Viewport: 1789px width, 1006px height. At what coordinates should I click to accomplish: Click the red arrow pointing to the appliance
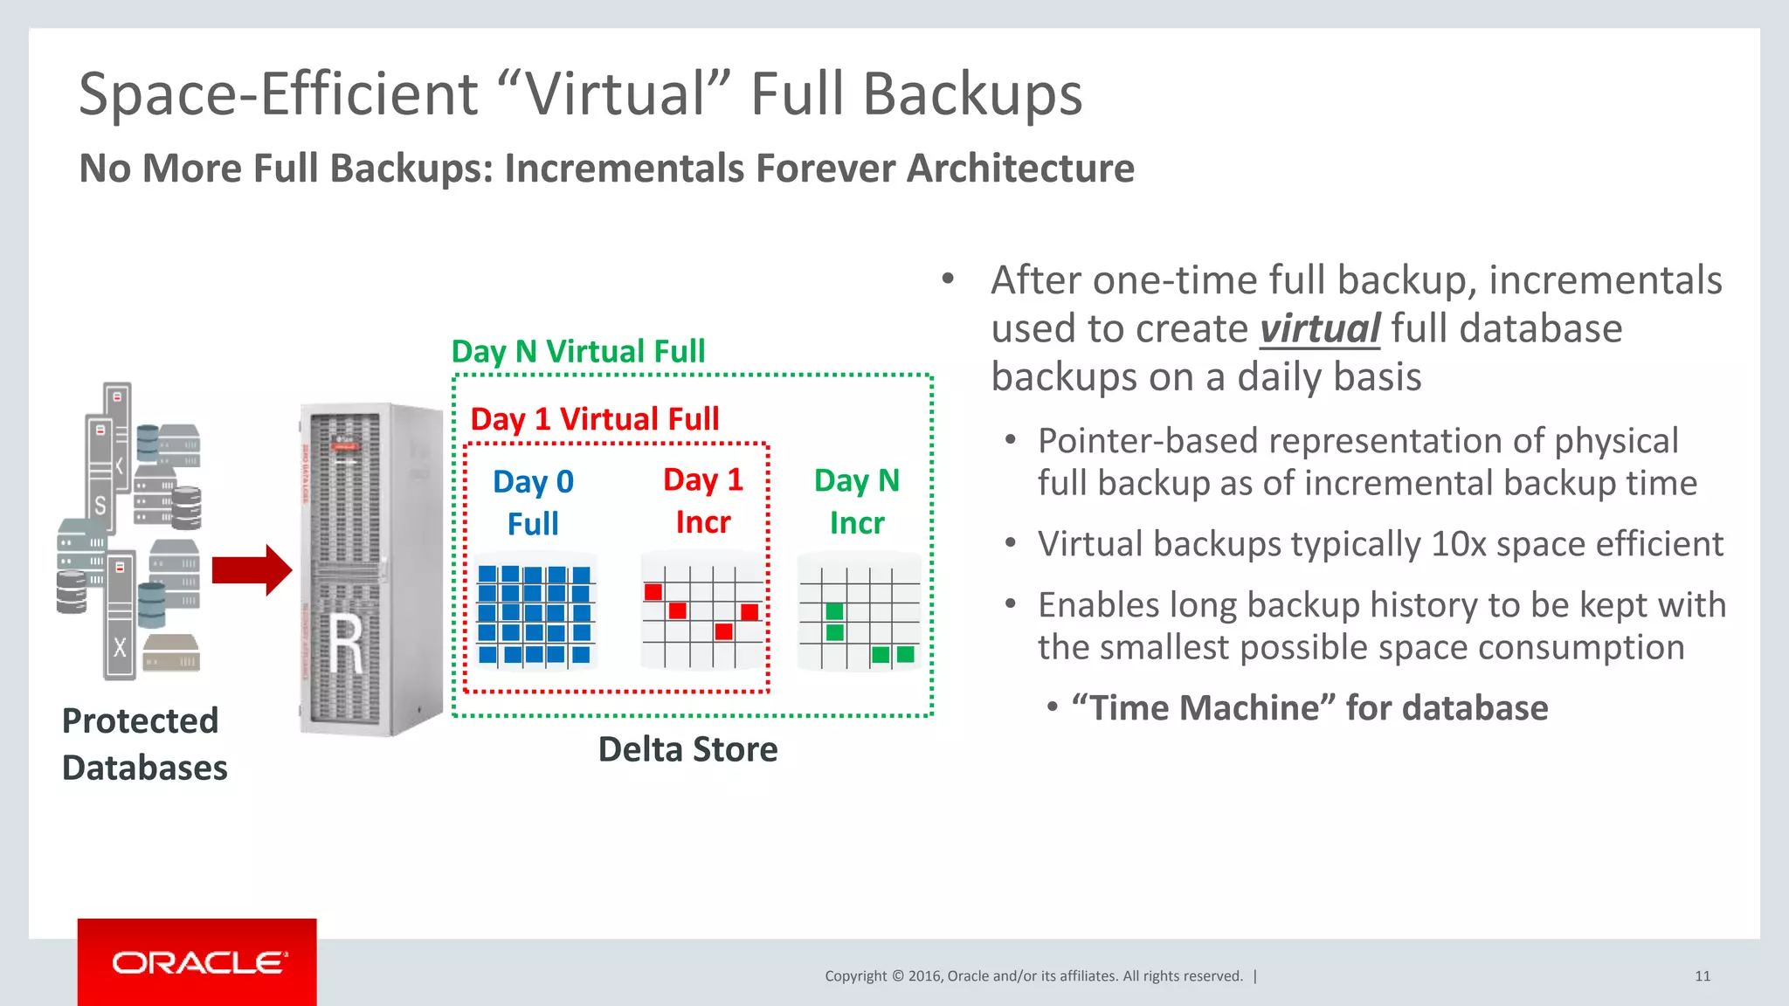click(x=252, y=570)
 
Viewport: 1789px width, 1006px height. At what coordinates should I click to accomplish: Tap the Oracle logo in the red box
click(x=197, y=963)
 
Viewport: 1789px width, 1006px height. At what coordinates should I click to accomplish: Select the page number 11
click(x=1702, y=976)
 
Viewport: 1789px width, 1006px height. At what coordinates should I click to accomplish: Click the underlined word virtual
click(x=1319, y=329)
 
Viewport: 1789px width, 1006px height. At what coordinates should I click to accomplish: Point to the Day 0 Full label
click(x=533, y=502)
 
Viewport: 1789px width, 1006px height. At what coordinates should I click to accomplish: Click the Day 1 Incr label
click(x=703, y=500)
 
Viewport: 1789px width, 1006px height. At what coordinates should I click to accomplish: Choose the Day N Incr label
click(x=856, y=501)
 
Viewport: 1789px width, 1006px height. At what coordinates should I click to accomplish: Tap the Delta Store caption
click(x=687, y=749)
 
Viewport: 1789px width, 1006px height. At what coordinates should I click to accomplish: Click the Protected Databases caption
click(x=144, y=744)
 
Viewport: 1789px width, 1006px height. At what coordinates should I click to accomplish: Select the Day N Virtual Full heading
click(x=577, y=351)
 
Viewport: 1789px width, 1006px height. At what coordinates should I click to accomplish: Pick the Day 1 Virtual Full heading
click(x=594, y=419)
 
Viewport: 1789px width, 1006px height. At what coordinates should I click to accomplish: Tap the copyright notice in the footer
click(x=1033, y=976)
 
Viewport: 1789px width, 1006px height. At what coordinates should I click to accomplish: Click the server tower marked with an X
click(x=120, y=616)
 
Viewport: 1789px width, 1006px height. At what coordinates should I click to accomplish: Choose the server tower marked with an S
click(x=100, y=472)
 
